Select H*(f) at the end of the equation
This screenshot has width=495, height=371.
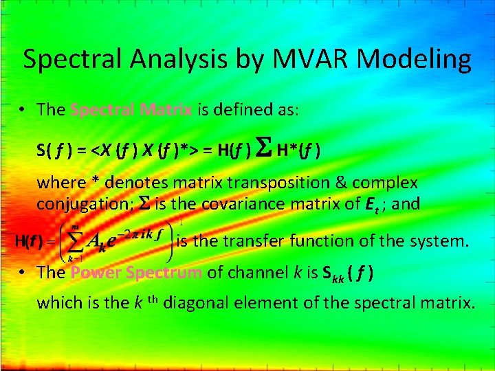[x=298, y=149]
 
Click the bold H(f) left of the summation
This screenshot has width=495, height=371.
[x=28, y=242]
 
